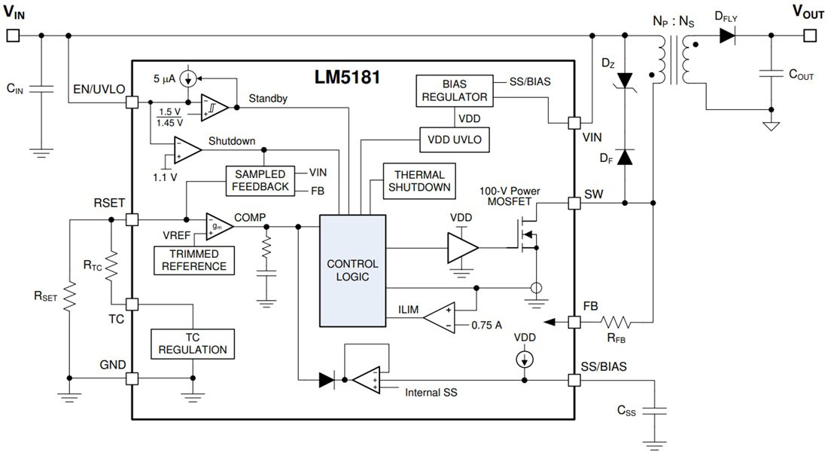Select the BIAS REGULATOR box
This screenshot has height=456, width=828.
tap(454, 89)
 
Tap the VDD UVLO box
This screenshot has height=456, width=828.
tap(455, 139)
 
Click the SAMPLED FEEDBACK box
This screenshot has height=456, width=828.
tap(259, 180)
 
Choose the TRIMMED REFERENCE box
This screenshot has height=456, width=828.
tap(192, 260)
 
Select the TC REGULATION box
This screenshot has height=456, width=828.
tap(193, 344)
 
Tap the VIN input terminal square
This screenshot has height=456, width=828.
tap(12, 35)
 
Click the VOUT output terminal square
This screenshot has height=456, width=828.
tap(809, 35)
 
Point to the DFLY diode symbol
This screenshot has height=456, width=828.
tap(727, 35)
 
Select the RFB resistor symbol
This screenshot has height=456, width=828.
tap(616, 323)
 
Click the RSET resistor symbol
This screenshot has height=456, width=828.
tap(69, 297)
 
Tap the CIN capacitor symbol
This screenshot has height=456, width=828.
tap(41, 89)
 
